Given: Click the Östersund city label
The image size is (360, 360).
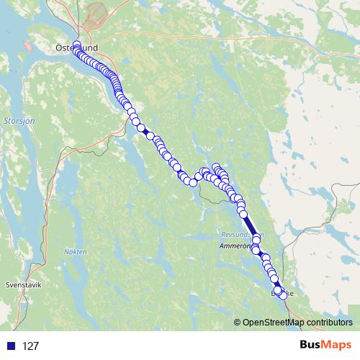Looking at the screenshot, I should (76, 48).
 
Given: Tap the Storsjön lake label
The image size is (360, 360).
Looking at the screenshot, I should (15, 121).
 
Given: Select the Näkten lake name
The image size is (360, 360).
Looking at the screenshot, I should (75, 251).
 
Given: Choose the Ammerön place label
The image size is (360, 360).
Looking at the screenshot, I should (235, 246).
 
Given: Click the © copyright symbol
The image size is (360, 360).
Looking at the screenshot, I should (238, 323).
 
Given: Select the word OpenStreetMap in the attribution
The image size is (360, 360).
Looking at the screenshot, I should (274, 323).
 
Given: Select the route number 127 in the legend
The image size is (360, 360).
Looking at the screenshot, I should (30, 346).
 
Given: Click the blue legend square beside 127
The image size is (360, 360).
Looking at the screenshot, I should (11, 346).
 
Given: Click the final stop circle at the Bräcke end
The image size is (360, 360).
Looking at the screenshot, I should (282, 295).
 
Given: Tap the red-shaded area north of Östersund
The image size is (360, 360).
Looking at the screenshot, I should (96, 13).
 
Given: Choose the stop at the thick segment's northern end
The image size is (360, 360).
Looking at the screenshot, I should (243, 213).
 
